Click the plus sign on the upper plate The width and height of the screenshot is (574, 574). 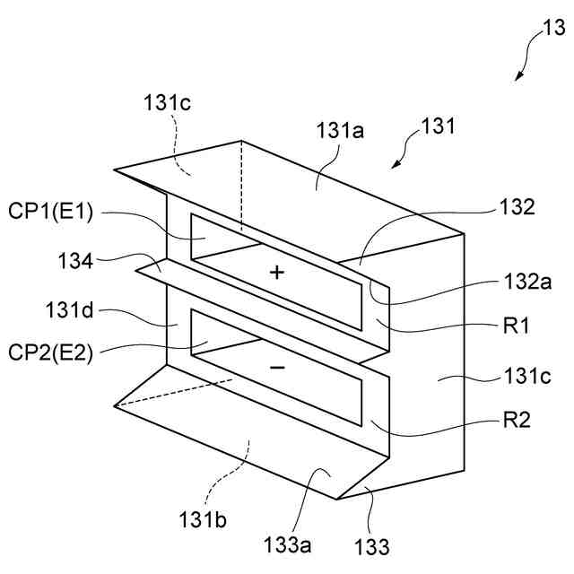coord(277,273)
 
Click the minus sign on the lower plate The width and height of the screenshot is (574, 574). coord(277,367)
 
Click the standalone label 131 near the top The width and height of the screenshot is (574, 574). coord(439,126)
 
